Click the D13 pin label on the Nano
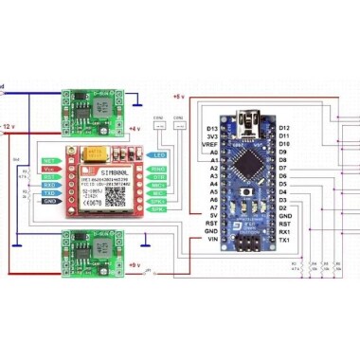coord(211,127)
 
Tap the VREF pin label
coord(210,144)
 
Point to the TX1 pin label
coord(285,241)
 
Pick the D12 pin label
coord(285,127)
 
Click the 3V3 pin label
coord(211,135)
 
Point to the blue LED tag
coord(159,154)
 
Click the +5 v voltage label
coord(179,97)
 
